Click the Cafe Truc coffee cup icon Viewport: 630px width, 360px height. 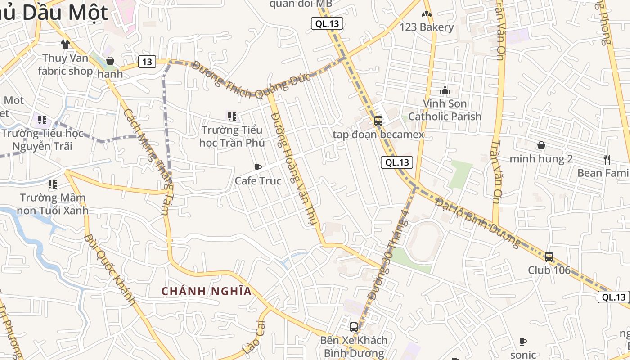(x=258, y=168)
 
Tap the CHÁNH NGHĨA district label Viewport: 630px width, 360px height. (x=207, y=291)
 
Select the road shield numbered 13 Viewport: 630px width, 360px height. (x=147, y=62)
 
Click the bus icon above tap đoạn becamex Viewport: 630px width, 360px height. (x=378, y=121)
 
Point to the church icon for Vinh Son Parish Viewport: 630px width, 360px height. (x=445, y=90)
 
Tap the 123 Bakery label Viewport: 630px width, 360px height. (x=427, y=27)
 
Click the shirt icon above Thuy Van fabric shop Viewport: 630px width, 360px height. (x=65, y=44)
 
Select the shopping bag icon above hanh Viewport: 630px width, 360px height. (x=110, y=61)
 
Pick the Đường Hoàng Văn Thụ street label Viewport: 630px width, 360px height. (x=295, y=169)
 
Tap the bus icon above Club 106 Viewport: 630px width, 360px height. (x=549, y=257)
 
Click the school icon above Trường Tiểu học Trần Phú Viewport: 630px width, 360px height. (x=232, y=117)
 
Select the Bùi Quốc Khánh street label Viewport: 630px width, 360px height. (x=109, y=270)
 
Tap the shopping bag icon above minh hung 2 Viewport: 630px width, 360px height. (x=541, y=145)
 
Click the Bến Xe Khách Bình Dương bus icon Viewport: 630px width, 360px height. (x=354, y=327)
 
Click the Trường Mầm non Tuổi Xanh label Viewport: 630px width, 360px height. (x=53, y=204)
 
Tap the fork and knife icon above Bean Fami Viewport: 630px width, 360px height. (x=607, y=159)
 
